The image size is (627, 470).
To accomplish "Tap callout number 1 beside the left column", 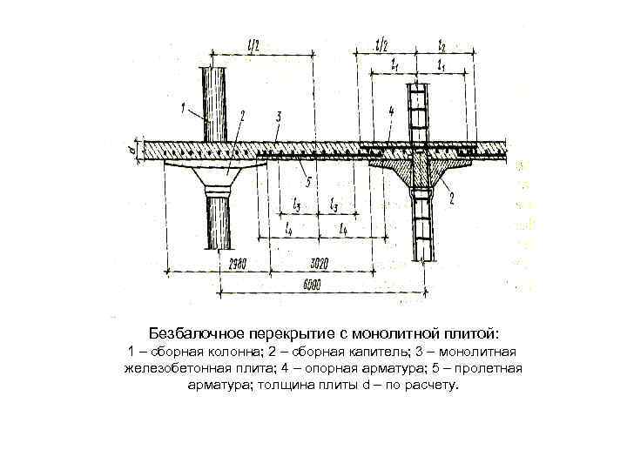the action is (184, 108).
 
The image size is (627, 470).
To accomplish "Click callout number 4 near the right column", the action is (392, 111).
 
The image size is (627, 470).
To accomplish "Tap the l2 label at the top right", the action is (442, 44).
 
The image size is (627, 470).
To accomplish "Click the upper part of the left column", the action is (214, 100).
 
